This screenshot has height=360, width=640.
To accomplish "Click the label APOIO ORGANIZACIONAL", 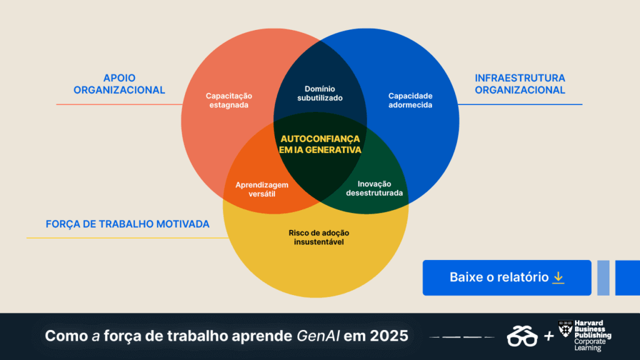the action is pyautogui.click(x=119, y=84).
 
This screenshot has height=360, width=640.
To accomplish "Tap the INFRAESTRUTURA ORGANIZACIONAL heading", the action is pyautogui.click(x=520, y=84).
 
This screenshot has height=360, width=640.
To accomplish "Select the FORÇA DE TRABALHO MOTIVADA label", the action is pyautogui.click(x=127, y=224).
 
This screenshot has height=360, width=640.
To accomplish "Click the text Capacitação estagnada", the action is pyautogui.click(x=229, y=101).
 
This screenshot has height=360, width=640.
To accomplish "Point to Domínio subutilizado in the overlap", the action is pyautogui.click(x=320, y=94).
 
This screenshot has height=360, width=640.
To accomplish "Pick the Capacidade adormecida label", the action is pyautogui.click(x=410, y=101).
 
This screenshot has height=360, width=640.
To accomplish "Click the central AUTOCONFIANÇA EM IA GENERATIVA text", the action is pyautogui.click(x=320, y=144).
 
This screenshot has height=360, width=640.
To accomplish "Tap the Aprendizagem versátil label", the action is pyautogui.click(x=262, y=189).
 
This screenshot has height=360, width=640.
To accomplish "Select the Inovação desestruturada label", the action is pyautogui.click(x=374, y=189).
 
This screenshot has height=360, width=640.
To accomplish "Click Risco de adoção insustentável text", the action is pyautogui.click(x=319, y=237).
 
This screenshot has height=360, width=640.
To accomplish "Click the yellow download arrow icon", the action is pyautogui.click(x=558, y=277).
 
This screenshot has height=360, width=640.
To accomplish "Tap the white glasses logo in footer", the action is pyautogui.click(x=522, y=336).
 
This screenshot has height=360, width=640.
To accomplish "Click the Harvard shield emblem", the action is pyautogui.click(x=565, y=329).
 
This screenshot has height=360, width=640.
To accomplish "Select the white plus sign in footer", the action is pyautogui.click(x=549, y=336).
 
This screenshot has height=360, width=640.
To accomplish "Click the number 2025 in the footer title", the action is pyautogui.click(x=389, y=336).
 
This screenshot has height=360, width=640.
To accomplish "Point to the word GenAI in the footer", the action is pyautogui.click(x=318, y=336).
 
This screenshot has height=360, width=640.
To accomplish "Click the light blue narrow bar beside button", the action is pyautogui.click(x=603, y=278).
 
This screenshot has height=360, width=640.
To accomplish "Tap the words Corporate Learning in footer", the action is pyautogui.click(x=590, y=345).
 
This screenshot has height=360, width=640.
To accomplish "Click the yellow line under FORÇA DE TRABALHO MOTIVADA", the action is pyautogui.click(x=127, y=238).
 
